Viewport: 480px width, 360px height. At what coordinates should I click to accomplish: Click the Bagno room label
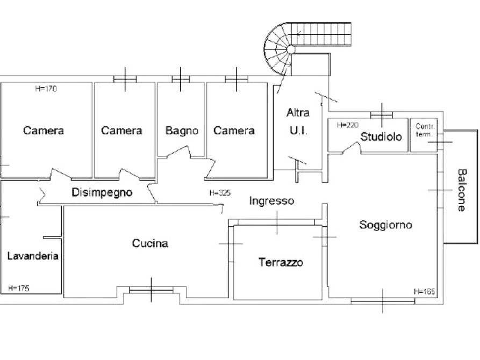pos(182,130)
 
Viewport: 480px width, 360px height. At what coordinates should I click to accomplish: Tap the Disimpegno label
pos(102,192)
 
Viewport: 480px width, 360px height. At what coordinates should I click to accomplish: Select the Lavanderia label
pos(33,256)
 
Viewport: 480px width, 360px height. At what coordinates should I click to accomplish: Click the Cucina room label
pos(150,243)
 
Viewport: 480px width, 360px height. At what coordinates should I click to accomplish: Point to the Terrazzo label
pos(281,263)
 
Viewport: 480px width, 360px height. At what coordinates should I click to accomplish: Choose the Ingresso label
pos(271,201)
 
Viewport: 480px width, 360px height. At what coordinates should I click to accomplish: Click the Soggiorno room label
pos(385,225)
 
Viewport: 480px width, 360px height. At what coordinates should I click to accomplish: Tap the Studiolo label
pos(381,136)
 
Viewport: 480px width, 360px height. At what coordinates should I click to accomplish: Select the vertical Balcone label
pos(462,191)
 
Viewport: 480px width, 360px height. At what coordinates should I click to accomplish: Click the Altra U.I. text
pos(298,121)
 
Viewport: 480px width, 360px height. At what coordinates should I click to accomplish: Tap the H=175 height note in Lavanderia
pos(19,288)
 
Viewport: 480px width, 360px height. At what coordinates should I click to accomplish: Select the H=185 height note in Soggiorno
pos(424,291)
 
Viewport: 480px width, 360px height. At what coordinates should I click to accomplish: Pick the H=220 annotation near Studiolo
pos(347,125)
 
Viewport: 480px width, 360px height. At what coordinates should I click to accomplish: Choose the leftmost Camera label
pos(44,130)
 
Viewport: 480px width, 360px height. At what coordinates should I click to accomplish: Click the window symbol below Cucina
pos(153,290)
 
